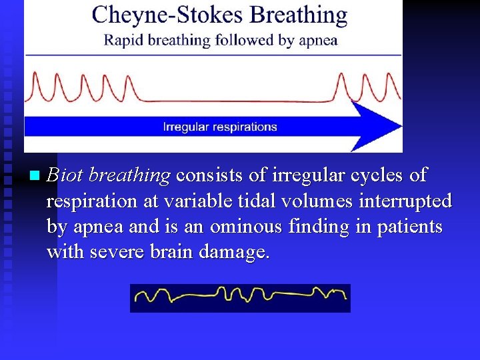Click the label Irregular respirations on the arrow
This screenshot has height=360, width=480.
(220, 127)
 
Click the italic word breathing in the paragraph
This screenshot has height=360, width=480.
(129, 175)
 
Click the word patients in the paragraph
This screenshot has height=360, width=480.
(413, 227)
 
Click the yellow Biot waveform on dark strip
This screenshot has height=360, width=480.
(240, 297)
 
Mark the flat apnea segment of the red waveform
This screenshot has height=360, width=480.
(233, 101)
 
